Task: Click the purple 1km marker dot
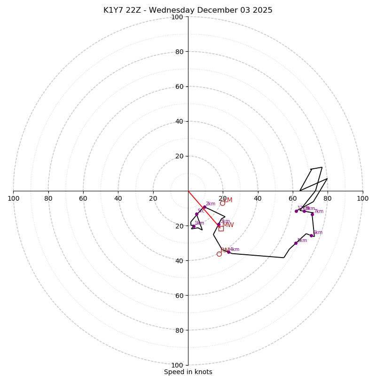193,227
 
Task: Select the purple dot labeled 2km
204,207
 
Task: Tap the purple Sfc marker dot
197,214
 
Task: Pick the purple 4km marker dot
229,252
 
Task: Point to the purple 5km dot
296,243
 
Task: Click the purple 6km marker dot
311,235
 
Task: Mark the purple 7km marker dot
312,214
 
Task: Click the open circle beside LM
222,204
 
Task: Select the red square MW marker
221,228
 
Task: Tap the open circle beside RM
219,254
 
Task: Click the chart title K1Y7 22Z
188,10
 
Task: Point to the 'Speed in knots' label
188,372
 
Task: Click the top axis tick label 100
177,17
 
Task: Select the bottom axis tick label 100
177,365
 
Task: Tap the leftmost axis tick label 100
14,198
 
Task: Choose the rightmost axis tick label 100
362,198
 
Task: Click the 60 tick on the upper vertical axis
179,86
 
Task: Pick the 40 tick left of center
118,198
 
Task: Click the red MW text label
228,225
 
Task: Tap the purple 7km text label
319,211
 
